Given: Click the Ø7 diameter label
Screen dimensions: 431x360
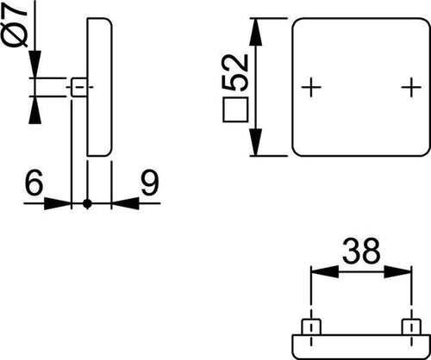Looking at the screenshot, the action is pos(15,23).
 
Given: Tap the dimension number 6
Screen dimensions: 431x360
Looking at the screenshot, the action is pos(34,182).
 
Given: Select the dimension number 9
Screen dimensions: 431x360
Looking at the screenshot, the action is pos(150,182).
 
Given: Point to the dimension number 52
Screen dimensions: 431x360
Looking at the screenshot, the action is pos(235,72).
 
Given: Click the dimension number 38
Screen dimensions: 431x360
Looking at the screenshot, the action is pos(361,251).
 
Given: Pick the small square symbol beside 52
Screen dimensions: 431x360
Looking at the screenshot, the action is pos(235,109).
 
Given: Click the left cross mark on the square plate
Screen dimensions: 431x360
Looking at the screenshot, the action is pos(311,87).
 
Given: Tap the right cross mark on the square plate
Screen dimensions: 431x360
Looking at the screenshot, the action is pos(411,87).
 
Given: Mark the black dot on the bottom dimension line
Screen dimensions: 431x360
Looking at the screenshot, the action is pos(87,203).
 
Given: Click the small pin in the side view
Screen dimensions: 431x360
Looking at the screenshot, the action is pos(79,87).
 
